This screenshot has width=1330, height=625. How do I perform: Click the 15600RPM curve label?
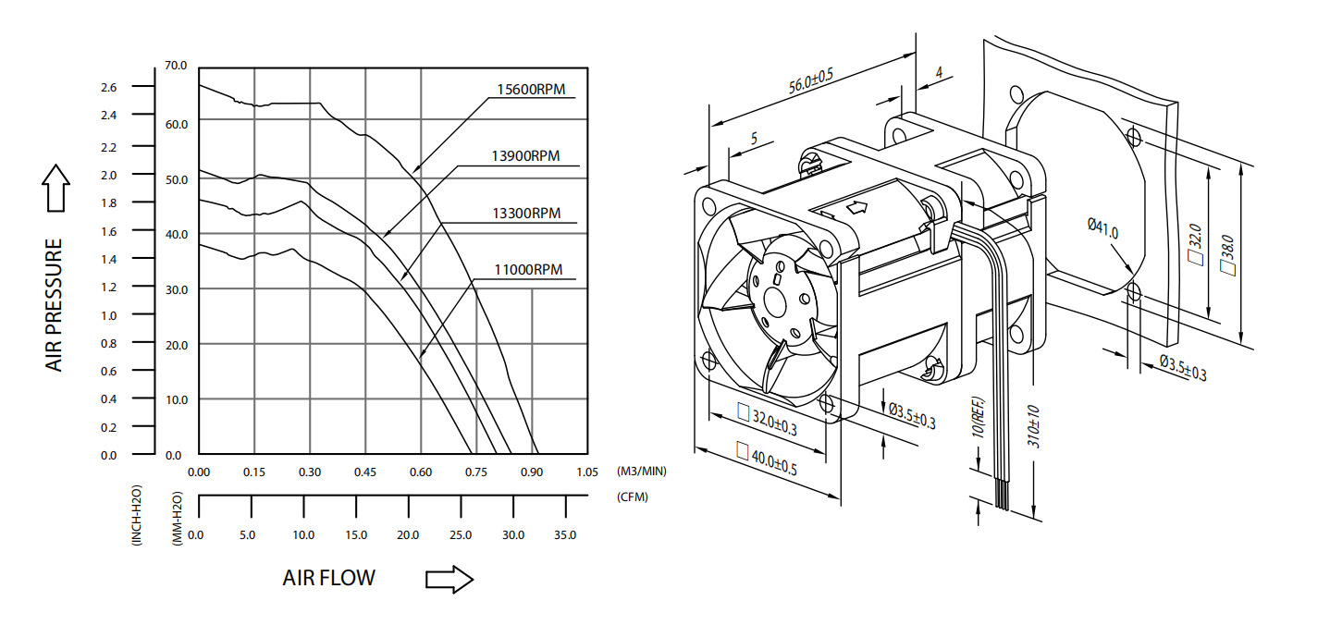coord(530,90)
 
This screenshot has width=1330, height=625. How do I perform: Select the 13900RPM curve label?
coord(526,156)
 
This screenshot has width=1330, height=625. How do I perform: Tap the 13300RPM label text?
coord(526,214)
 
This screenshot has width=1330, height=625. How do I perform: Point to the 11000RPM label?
coord(528,270)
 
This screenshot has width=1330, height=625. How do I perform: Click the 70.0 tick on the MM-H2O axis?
coord(176,66)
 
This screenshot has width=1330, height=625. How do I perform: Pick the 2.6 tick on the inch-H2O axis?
coord(109,88)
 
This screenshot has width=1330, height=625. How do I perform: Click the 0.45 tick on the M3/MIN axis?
coord(365,472)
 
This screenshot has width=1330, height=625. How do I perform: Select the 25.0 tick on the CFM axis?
coord(460,535)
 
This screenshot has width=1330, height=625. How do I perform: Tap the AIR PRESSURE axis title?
coord(55,305)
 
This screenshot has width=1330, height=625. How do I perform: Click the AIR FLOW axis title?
coord(329,579)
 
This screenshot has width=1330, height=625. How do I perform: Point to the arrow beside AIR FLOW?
coord(449,580)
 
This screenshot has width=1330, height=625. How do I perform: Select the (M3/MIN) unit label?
coord(641,471)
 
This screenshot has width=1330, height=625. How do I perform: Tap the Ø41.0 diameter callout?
coord(1102,227)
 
